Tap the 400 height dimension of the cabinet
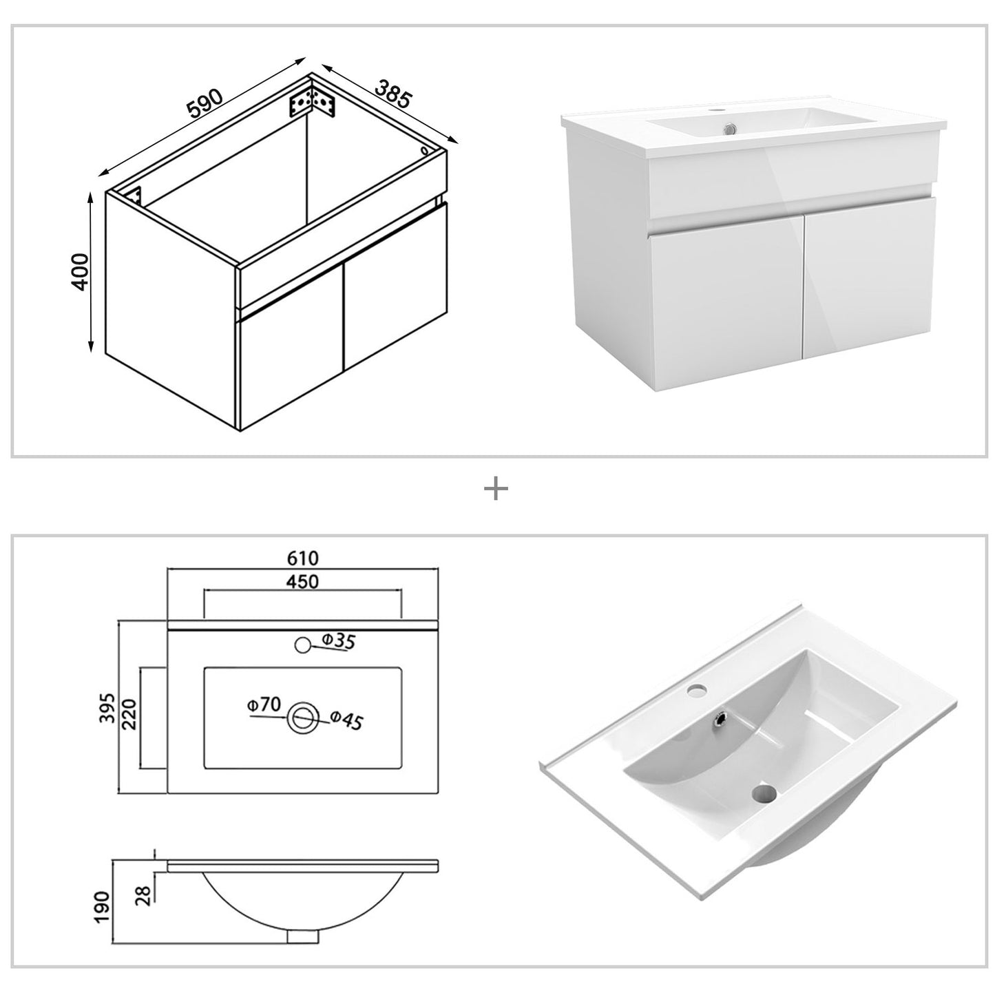tap(81, 271)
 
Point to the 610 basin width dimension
tap(303, 557)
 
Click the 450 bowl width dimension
tap(303, 581)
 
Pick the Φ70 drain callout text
tap(264, 704)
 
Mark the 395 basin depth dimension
tap(106, 707)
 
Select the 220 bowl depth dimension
tap(129, 715)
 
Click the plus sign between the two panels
tap(496, 490)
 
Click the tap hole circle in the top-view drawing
tap(302, 645)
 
